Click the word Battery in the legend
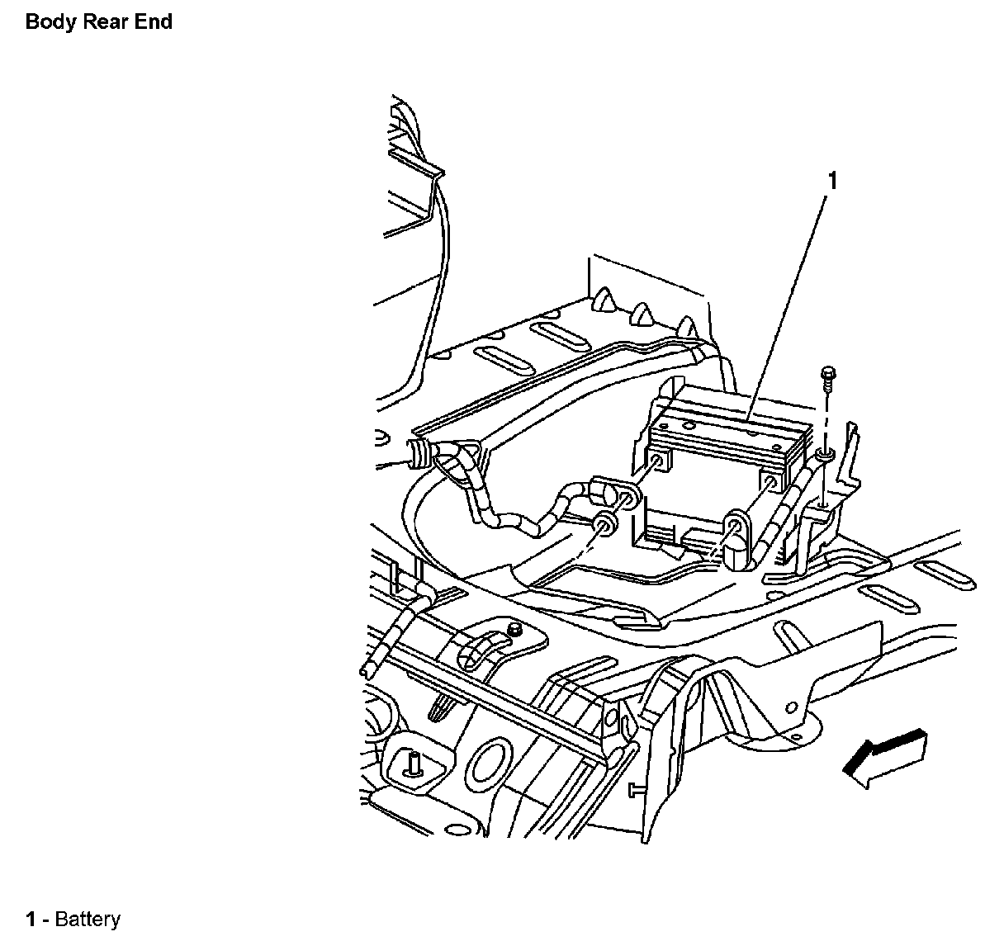88,920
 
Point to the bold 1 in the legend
31,920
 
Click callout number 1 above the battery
833,180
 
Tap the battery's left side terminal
657,461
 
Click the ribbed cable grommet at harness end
421,452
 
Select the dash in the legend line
46,920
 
